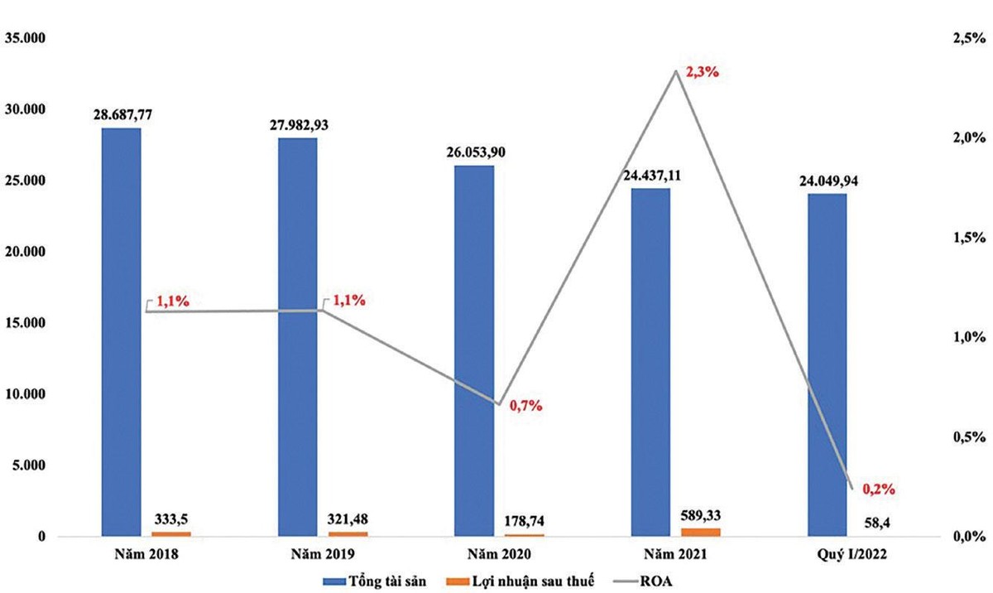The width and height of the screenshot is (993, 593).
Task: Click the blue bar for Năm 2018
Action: coord(121,331)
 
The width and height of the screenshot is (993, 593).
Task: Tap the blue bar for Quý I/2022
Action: coord(827,364)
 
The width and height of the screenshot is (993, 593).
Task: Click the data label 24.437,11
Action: coord(650,175)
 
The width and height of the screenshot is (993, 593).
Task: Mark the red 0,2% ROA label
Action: coord(879,489)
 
